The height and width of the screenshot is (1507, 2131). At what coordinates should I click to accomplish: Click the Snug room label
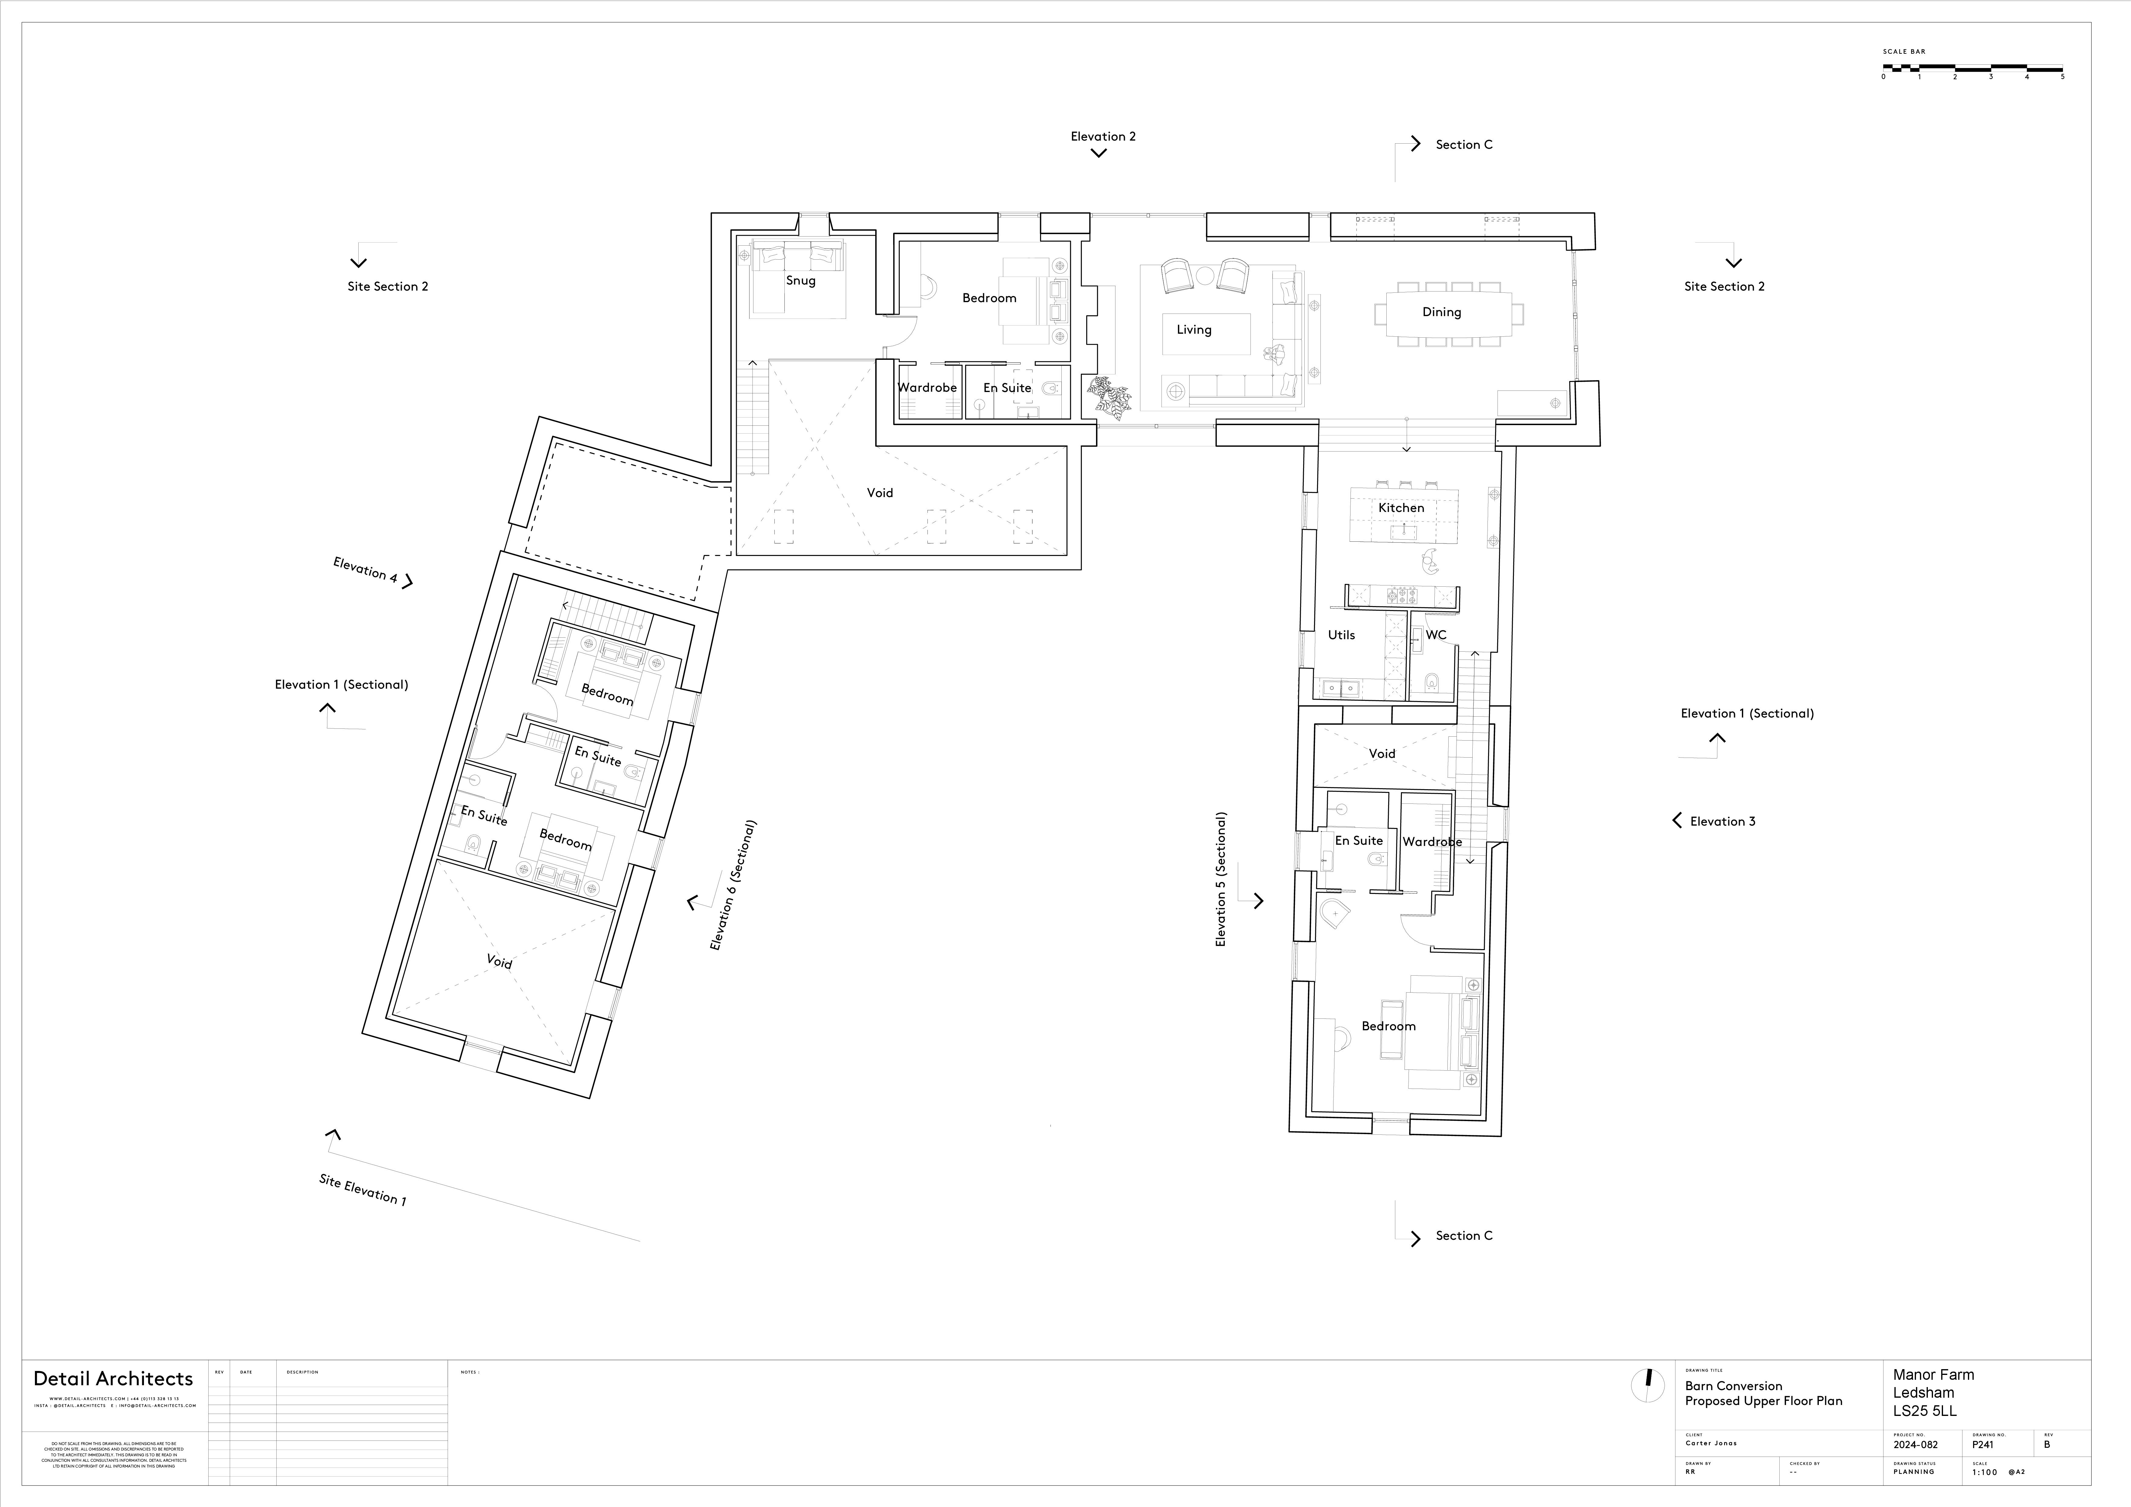pos(800,280)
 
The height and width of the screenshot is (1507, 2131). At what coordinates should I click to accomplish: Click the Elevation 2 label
pos(1103,136)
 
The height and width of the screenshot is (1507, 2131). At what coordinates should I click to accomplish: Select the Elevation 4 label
pos(365,570)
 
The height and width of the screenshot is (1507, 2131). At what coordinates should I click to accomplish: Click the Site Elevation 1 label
pos(362,1190)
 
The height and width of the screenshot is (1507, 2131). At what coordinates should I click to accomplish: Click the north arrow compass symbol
pos(1648,1386)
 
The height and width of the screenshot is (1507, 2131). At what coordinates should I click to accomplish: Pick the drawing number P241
pos(1982,1445)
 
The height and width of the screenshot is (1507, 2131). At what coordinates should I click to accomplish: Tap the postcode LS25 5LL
pos(1925,1411)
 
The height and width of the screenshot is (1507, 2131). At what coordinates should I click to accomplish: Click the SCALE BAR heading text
pos(1904,52)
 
